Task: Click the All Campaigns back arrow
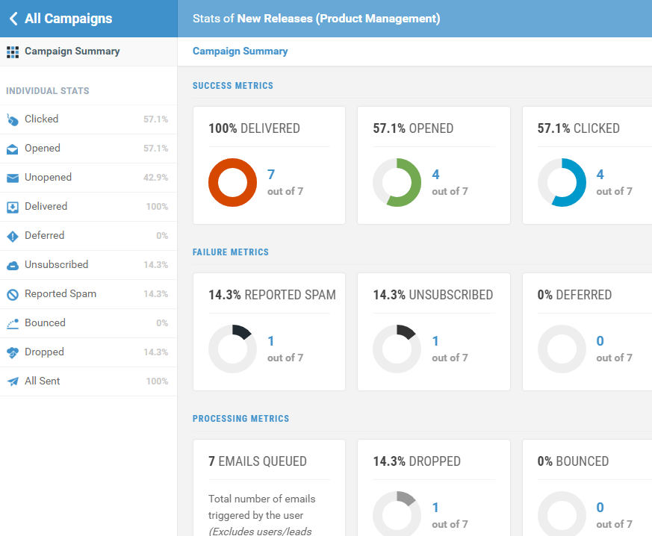(x=13, y=19)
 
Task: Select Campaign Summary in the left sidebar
(x=72, y=52)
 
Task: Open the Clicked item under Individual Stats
(x=41, y=119)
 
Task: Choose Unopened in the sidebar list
(x=48, y=178)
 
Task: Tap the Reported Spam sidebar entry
(x=60, y=294)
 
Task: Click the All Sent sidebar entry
(x=42, y=381)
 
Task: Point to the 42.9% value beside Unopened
(x=155, y=178)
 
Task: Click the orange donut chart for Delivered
(x=232, y=182)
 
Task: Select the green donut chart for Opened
(x=397, y=182)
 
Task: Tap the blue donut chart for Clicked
(x=562, y=182)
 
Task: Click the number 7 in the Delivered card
(x=271, y=175)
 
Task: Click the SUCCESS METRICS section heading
(x=233, y=86)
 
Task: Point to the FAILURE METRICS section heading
(x=231, y=252)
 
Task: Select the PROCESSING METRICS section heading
(x=240, y=419)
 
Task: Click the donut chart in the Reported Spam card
(x=232, y=349)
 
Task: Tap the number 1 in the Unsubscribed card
(x=435, y=341)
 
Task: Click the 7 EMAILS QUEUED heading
(x=258, y=461)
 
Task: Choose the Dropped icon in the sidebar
(x=13, y=352)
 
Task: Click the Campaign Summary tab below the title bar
(x=240, y=52)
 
